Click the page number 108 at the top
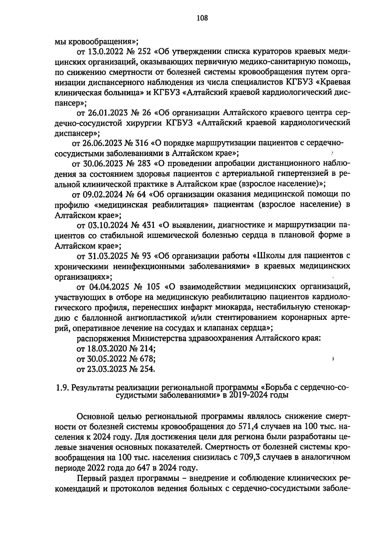(202, 18)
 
